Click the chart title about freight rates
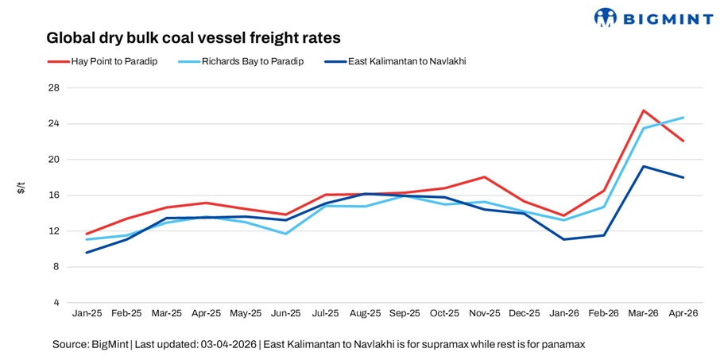tap(194, 37)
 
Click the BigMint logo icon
tap(606, 17)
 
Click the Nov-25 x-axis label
tap(484, 314)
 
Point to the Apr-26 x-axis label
tap(683, 314)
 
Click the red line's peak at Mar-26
tap(644, 110)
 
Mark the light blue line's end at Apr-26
tap(683, 118)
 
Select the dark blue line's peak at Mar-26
tap(644, 166)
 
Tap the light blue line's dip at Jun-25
tap(285, 234)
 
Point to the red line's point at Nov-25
tap(484, 177)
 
